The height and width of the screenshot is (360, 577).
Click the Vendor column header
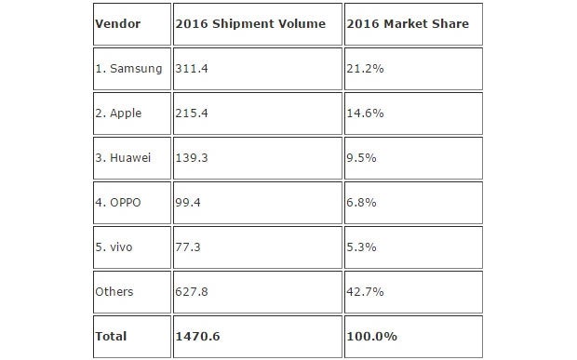tap(117, 24)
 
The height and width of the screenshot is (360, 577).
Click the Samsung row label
tap(129, 67)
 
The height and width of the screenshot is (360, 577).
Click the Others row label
tap(114, 292)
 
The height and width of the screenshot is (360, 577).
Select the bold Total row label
tap(112, 335)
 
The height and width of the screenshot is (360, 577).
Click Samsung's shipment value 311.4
tap(191, 67)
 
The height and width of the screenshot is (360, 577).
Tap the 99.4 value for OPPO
tap(188, 202)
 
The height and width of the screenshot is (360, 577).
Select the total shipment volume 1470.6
tap(196, 335)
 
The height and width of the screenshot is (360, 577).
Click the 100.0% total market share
tap(370, 335)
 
